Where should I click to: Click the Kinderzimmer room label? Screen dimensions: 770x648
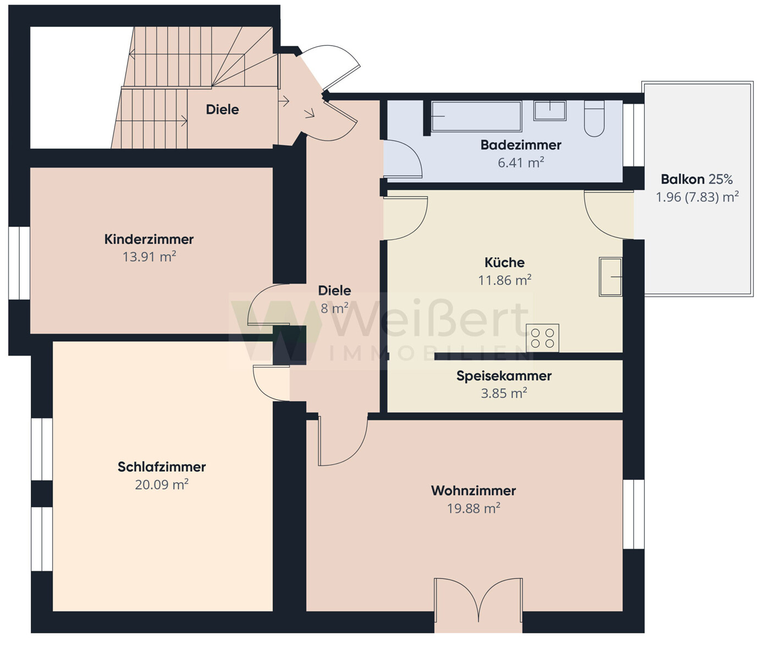pyautogui.click(x=149, y=239)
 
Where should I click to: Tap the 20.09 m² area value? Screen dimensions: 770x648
pyautogui.click(x=162, y=484)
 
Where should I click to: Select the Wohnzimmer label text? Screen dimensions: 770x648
pyautogui.click(x=474, y=491)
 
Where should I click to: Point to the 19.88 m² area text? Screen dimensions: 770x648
pyautogui.click(x=474, y=508)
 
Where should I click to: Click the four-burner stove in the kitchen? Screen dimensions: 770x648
pyautogui.click(x=542, y=338)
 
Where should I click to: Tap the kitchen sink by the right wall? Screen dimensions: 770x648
pyautogui.click(x=610, y=276)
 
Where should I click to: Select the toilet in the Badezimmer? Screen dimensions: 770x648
pyautogui.click(x=594, y=119)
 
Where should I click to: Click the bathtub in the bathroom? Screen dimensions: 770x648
pyautogui.click(x=476, y=117)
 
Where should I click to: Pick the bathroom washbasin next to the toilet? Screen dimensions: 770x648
pyautogui.click(x=550, y=110)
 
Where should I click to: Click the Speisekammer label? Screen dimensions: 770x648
pyautogui.click(x=504, y=376)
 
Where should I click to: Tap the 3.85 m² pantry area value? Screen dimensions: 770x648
pyautogui.click(x=504, y=394)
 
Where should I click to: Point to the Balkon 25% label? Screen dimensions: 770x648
pyautogui.click(x=697, y=179)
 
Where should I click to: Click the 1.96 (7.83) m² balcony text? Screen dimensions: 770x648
pyautogui.click(x=697, y=197)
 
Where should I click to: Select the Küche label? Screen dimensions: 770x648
pyautogui.click(x=504, y=263)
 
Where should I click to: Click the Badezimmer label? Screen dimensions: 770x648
pyautogui.click(x=521, y=145)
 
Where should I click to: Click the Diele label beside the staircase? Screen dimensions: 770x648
pyautogui.click(x=222, y=109)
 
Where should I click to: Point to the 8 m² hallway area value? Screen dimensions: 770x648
pyautogui.click(x=334, y=308)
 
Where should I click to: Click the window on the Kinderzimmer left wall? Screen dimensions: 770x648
pyautogui.click(x=19, y=263)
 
